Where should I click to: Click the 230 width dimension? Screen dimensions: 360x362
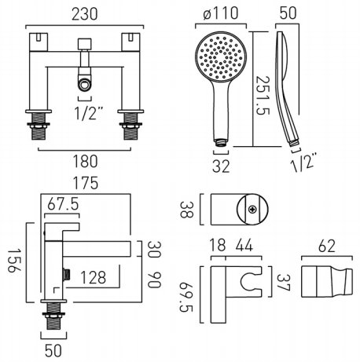pyautogui.click(x=85, y=14)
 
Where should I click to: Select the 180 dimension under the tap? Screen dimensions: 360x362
pyautogui.click(x=86, y=161)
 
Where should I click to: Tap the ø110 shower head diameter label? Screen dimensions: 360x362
pyautogui.click(x=221, y=13)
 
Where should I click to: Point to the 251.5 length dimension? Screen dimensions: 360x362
pyautogui.click(x=263, y=96)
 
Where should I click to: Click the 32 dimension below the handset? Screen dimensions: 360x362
pyautogui.click(x=221, y=166)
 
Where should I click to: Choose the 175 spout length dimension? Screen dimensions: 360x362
pyautogui.click(x=86, y=183)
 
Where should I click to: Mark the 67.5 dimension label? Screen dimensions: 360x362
pyautogui.click(x=63, y=204)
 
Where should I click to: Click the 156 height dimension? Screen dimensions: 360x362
pyautogui.click(x=14, y=261)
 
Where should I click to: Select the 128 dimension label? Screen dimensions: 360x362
pyautogui.click(x=93, y=277)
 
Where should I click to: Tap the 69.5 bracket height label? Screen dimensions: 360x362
pyautogui.click(x=186, y=297)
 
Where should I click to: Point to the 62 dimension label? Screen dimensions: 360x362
pyautogui.click(x=326, y=246)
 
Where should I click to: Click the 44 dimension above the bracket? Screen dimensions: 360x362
pyautogui.click(x=244, y=246)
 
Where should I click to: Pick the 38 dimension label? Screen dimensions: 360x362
pyautogui.click(x=187, y=210)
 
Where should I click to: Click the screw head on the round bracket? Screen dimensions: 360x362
pyautogui.click(x=252, y=209)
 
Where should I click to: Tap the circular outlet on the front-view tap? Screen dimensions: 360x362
pyautogui.click(x=84, y=85)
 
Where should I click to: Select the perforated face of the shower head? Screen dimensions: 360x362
pyautogui.click(x=221, y=57)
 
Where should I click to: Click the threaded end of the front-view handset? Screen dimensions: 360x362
pyautogui.click(x=221, y=143)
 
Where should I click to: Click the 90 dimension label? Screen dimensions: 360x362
pyautogui.click(x=154, y=280)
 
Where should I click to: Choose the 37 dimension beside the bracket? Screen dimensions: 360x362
pyautogui.click(x=283, y=283)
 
